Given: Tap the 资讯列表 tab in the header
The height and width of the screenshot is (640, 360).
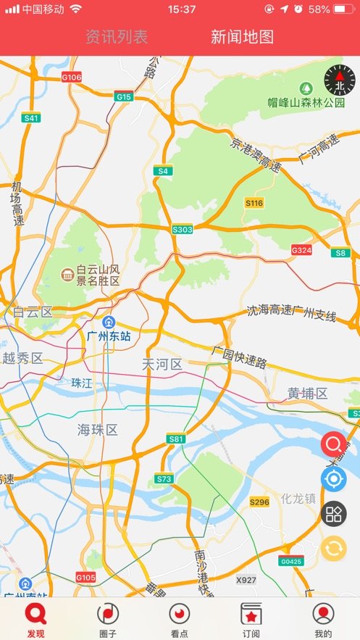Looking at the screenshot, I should coord(116,37).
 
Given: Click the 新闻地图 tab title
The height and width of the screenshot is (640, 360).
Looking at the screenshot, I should coord(242,37).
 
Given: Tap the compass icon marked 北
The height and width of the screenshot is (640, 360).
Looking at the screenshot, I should coord(340,80).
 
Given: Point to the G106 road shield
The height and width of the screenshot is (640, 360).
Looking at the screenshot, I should coord(72,77).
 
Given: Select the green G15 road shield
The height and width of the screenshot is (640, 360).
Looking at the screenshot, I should coord(124,96).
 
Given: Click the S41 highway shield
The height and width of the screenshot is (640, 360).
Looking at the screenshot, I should coord(31,117).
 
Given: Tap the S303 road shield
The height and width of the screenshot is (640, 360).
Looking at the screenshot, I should coord(183,229).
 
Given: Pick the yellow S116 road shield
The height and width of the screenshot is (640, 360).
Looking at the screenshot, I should coord(254,203).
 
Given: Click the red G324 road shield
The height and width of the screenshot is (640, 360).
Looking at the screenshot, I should coord(301,250).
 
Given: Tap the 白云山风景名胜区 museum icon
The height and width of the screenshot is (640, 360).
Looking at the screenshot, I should coord(67,274).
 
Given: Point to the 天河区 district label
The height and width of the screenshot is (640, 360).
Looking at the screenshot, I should coord(162,364).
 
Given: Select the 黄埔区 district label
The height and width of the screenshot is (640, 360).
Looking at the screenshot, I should coord(307,394).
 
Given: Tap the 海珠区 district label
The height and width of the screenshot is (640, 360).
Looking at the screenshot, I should coord(98,430).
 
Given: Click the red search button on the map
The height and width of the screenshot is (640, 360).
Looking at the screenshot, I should coord(334,444).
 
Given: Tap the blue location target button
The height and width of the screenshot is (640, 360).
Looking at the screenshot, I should coord(334,479).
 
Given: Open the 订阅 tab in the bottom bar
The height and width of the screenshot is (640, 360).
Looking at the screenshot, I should coord(251,620).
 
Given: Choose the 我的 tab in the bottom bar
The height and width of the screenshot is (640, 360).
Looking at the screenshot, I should coord(323,620).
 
